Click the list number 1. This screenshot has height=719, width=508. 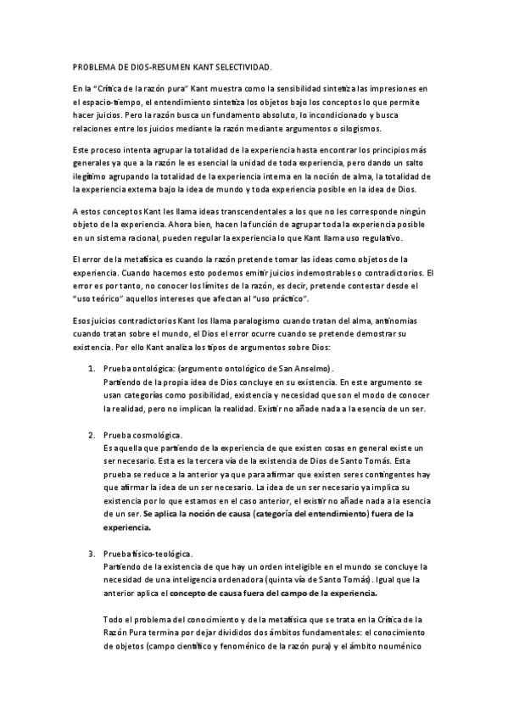point(92,369)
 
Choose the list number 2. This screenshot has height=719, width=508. point(92,434)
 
